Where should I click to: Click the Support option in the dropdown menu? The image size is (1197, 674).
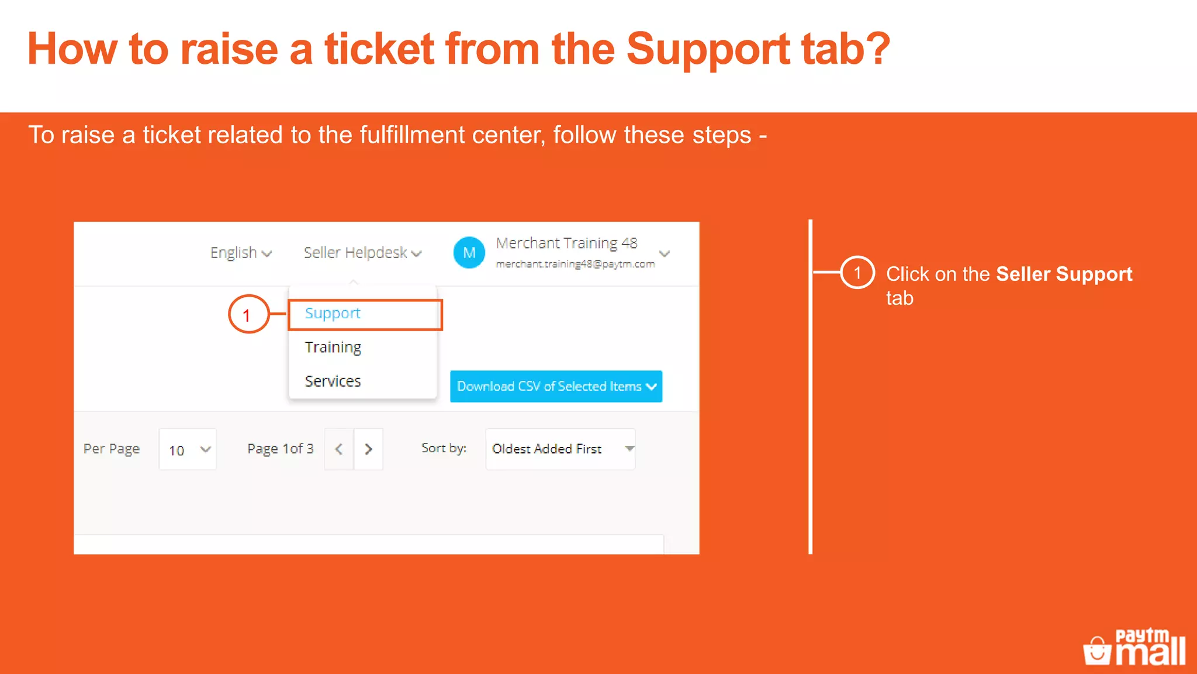[333, 314]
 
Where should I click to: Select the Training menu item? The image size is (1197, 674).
[333, 348]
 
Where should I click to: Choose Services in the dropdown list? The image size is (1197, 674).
[333, 381]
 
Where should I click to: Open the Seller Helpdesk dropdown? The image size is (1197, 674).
[362, 253]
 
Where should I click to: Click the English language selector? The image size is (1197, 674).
[240, 253]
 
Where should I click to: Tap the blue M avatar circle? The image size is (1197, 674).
[469, 253]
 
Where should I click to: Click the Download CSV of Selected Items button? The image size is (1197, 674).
[556, 386]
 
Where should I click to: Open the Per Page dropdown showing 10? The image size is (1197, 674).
[188, 449]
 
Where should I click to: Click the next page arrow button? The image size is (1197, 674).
[368, 449]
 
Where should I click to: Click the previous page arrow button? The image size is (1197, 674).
[339, 449]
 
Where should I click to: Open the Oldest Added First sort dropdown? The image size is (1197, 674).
[560, 449]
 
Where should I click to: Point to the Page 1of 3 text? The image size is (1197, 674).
[281, 449]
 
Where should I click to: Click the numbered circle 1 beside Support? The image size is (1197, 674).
[248, 315]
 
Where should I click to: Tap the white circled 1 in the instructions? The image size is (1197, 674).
[857, 273]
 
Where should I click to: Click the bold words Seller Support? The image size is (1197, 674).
[1064, 274]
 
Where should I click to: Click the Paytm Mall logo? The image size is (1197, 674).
[1134, 647]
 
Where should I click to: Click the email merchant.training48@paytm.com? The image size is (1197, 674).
[575, 264]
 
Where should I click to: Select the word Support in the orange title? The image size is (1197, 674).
[708, 49]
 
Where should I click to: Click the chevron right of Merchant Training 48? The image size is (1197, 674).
[665, 253]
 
